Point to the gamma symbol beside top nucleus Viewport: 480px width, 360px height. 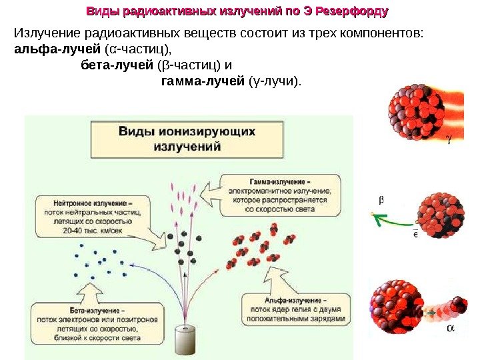coord(449,139)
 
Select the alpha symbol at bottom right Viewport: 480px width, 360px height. coord(451,329)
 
